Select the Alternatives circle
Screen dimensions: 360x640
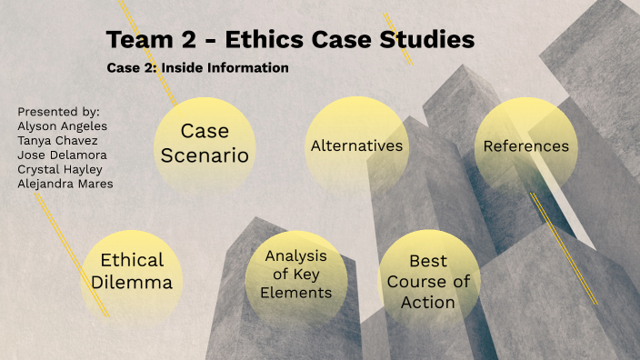click(x=355, y=146)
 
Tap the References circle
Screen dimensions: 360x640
click(x=525, y=146)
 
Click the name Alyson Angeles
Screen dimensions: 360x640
click(x=62, y=126)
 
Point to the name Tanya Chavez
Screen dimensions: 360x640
click(x=58, y=140)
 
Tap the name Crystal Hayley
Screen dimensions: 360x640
click(x=60, y=169)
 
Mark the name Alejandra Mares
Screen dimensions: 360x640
click(x=65, y=184)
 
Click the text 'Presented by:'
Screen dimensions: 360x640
click(x=58, y=111)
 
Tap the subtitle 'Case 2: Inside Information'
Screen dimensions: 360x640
click(x=197, y=68)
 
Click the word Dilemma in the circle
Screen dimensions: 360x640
click(x=132, y=283)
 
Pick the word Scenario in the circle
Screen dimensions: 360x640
click(x=205, y=155)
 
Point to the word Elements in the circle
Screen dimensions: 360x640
click(x=295, y=294)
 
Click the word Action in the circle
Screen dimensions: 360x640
click(x=428, y=302)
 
